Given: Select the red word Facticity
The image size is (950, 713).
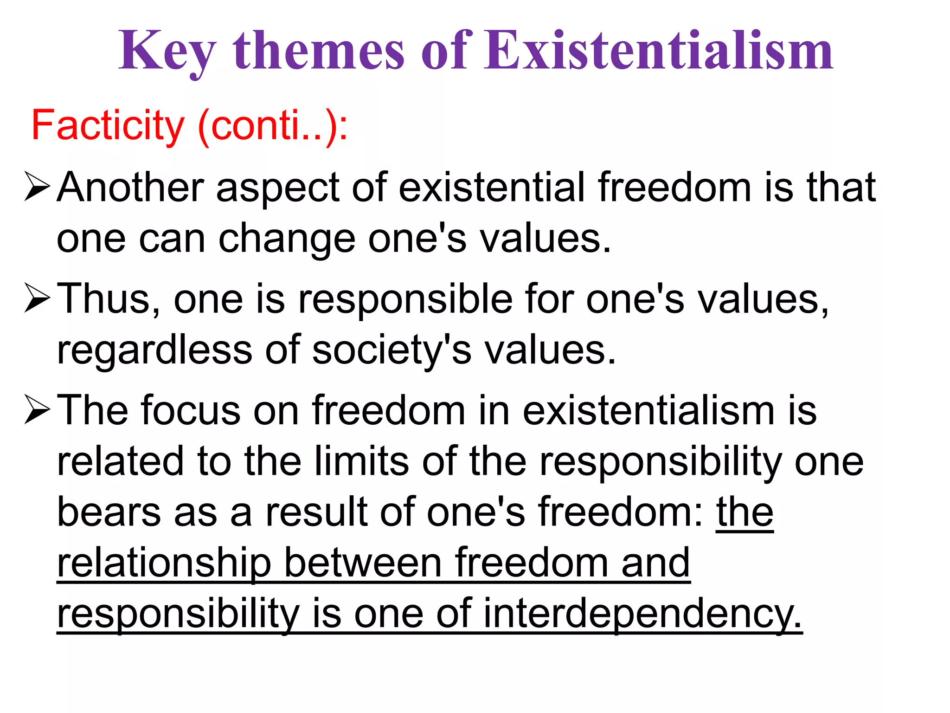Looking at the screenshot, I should tap(108, 125).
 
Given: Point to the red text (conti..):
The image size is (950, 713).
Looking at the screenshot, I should tap(272, 125).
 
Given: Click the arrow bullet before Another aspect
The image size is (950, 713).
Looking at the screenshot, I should tap(37, 187).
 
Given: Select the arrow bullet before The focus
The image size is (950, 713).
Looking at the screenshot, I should tap(37, 410).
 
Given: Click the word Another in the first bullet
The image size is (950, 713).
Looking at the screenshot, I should tap(130, 187).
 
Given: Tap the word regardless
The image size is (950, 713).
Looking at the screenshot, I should tap(154, 350).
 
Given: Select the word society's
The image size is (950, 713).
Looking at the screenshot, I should tap(392, 350).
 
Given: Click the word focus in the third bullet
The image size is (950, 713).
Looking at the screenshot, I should tap(190, 410).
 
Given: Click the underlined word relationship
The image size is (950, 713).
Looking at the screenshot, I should tap(164, 564).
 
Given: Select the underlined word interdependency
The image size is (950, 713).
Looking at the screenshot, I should tap(642, 615).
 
